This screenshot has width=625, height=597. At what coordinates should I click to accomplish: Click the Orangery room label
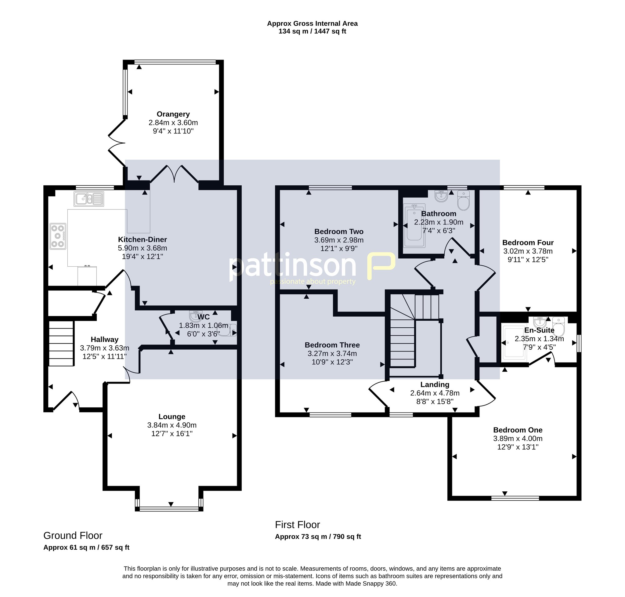pos(173,114)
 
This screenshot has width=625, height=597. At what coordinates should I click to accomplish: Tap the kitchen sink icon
pos(89,199)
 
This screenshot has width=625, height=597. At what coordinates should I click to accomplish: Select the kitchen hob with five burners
pos(58,236)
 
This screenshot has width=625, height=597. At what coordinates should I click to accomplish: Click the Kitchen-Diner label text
pos(142,240)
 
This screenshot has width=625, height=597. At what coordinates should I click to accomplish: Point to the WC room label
pos(204,317)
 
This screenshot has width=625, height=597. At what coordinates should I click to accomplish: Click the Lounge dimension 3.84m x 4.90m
pos(172,425)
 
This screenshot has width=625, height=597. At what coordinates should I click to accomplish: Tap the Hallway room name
pos(104,340)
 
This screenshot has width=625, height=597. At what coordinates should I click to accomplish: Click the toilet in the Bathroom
pos(464,200)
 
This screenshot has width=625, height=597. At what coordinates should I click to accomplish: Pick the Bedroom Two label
pos(339,232)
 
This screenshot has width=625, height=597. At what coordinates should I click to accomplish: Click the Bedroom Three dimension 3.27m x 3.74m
pos(332,354)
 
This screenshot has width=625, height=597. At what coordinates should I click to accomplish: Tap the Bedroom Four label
pos(528,242)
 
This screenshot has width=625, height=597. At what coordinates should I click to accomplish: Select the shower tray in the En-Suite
pos(514,343)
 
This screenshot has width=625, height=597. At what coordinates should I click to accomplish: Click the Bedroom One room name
pos(518,430)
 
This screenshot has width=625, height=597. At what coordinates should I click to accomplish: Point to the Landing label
pos(435,385)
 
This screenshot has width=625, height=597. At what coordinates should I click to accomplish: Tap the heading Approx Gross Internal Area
pos(312,24)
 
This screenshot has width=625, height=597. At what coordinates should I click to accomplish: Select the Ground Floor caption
pos(73,536)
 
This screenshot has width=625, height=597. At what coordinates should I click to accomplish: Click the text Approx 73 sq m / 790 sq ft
pos(318,537)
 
